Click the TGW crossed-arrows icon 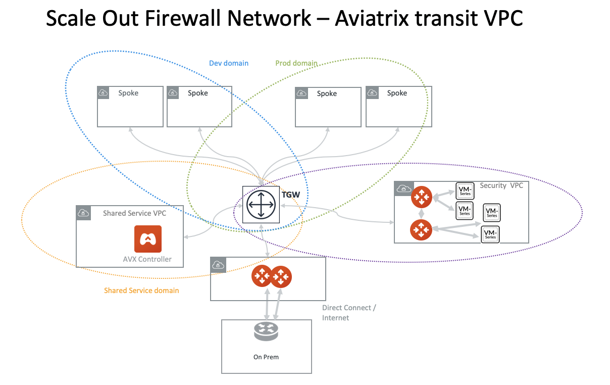(x=261, y=205)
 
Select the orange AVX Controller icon (x=147, y=239)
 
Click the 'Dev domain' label (x=229, y=63)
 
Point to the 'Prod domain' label (x=296, y=63)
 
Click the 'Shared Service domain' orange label (x=141, y=291)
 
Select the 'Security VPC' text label (x=501, y=185)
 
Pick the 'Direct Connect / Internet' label (x=349, y=313)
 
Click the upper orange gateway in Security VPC (x=421, y=197)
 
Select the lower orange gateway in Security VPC (x=421, y=230)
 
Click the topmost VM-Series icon (x=465, y=190)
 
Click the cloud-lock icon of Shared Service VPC (x=83, y=213)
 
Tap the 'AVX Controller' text (x=147, y=259)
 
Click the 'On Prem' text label (x=266, y=357)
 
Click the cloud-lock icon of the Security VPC (x=403, y=188)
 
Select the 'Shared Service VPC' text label (x=134, y=213)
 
